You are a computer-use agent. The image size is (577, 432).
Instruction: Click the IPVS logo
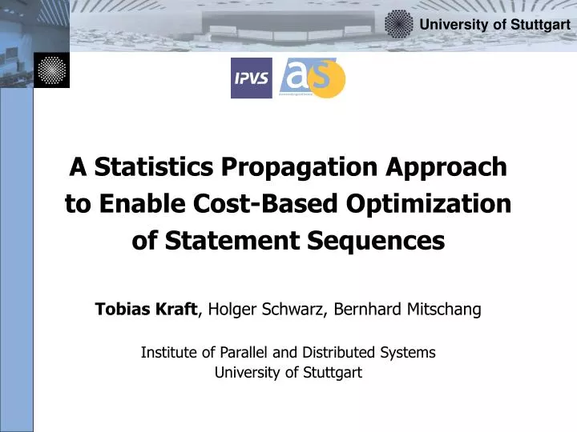pyautogui.click(x=251, y=78)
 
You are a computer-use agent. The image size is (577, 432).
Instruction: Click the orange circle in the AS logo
pyautogui.click(x=329, y=80)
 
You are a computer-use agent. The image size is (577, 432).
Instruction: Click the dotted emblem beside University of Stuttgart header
pyautogui.click(x=398, y=24)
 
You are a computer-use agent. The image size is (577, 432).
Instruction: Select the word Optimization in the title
pyautogui.click(x=429, y=204)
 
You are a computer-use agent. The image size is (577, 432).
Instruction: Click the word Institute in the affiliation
pyautogui.click(x=168, y=352)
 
